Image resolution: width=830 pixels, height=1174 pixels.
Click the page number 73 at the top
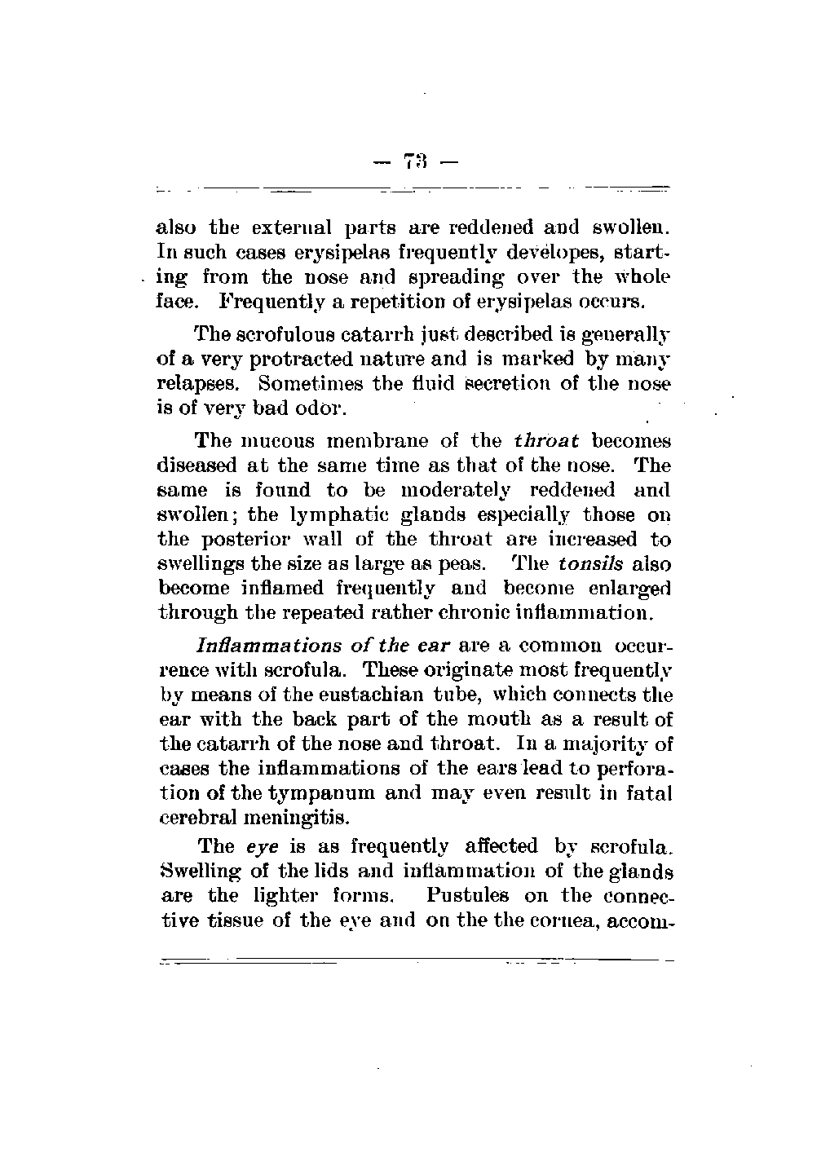pyautogui.click(x=416, y=161)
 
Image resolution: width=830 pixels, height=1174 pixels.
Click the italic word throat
pyautogui.click(x=546, y=441)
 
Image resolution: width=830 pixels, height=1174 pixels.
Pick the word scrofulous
pyautogui.click(x=285, y=334)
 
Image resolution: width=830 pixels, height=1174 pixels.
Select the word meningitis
pyautogui.click(x=285, y=818)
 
